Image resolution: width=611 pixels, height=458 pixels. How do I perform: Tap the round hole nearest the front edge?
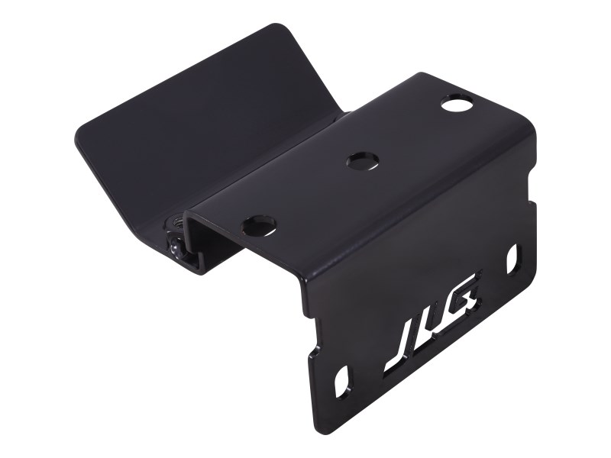[x=258, y=224]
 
